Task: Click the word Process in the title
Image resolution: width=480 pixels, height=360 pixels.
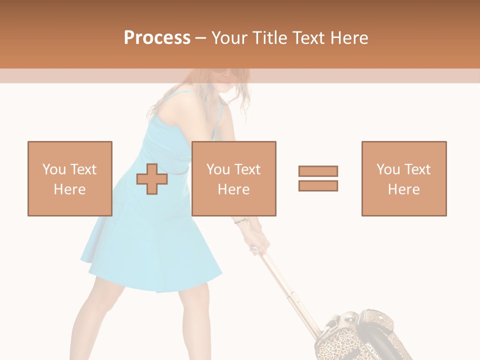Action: click(x=157, y=38)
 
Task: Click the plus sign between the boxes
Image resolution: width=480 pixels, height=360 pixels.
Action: click(x=152, y=179)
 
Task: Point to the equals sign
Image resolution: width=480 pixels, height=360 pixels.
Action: click(x=318, y=178)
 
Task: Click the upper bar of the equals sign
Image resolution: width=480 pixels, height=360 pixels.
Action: click(x=318, y=171)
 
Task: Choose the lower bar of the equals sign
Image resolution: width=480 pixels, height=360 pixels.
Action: click(x=318, y=185)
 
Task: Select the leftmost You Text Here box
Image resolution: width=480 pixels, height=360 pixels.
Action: click(x=70, y=178)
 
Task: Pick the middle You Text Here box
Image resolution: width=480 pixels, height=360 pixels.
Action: click(x=233, y=178)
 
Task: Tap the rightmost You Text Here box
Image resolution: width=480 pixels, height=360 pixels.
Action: click(x=403, y=178)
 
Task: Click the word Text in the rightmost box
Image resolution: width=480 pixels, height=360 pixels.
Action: click(x=416, y=169)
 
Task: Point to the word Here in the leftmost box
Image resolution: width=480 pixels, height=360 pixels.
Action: click(x=69, y=189)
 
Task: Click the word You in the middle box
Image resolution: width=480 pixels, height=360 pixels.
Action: click(x=218, y=169)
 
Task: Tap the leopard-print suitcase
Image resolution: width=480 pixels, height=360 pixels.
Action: click(x=350, y=335)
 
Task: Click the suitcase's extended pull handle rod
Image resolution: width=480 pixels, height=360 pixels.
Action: click(x=290, y=290)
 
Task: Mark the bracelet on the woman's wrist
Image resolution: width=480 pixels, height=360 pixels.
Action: click(x=240, y=220)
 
